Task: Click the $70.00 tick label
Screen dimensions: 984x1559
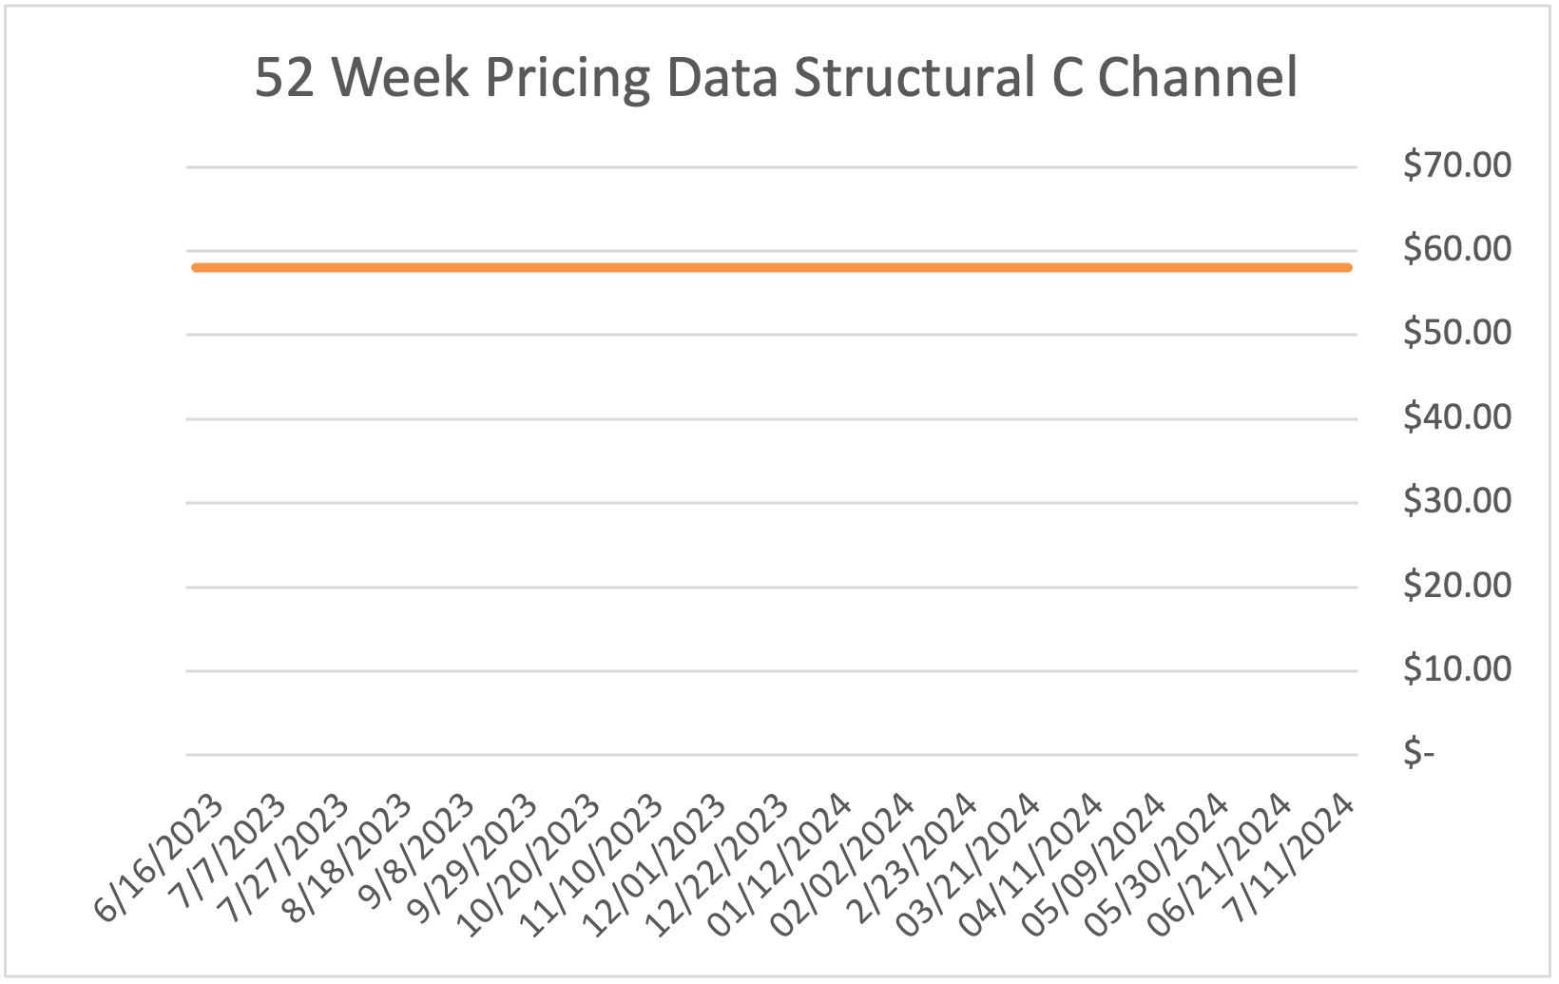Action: [1456, 165]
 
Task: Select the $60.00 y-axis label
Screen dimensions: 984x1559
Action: [1456, 249]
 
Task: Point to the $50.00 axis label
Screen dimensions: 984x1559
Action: [1456, 333]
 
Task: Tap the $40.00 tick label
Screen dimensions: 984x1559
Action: [1456, 417]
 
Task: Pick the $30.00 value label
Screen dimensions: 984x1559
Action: [1456, 501]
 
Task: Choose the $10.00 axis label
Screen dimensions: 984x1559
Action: [1456, 669]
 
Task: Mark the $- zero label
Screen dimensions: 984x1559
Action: [1418, 753]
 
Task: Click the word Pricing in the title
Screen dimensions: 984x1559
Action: [568, 78]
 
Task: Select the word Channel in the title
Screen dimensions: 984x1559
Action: [1197, 78]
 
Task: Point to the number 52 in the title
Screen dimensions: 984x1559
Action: [284, 78]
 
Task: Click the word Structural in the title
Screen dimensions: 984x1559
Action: [914, 78]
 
